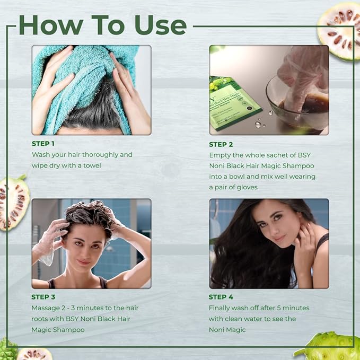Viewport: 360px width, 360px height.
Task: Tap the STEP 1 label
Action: pos(43,144)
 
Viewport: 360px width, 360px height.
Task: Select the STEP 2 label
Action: pos(221,144)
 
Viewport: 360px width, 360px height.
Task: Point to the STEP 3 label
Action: pos(43,297)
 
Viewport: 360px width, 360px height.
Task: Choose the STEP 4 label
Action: pos(221,297)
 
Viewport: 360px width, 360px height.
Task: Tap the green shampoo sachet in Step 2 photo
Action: pos(233,101)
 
